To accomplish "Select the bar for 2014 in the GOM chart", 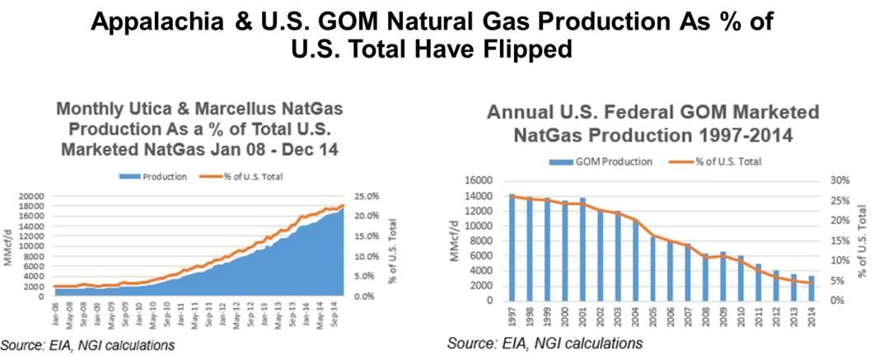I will click(x=811, y=288).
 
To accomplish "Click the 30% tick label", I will click(x=838, y=180).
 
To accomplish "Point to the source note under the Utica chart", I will click(x=87, y=344).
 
